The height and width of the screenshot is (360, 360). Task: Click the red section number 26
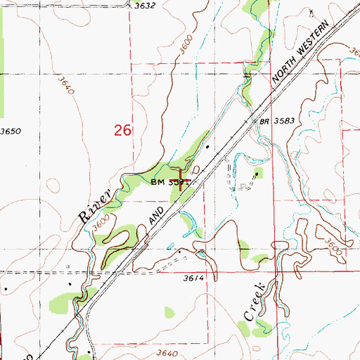(123, 130)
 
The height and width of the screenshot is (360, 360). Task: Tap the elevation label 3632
(144, 6)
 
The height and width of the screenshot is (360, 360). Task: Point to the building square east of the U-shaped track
(257, 173)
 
